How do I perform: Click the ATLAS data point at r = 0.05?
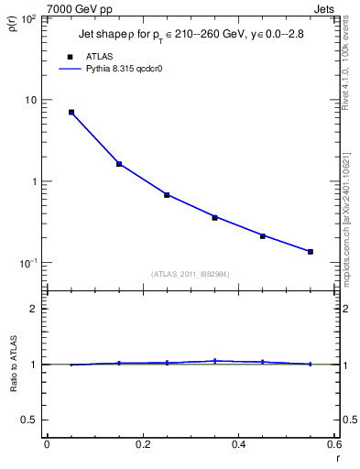click(x=71, y=113)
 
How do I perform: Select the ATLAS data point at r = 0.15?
click(x=119, y=164)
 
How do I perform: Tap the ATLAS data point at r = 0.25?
click(x=167, y=195)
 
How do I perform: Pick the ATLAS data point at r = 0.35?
click(x=214, y=218)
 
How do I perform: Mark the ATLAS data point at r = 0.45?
click(x=262, y=236)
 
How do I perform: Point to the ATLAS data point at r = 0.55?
click(x=311, y=252)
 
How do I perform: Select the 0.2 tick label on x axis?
click(x=142, y=444)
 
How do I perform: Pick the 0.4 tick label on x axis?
click(x=238, y=444)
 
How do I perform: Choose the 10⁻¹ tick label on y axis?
click(x=31, y=263)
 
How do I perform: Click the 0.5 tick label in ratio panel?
click(x=33, y=420)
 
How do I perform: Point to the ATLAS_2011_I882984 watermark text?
click(x=191, y=274)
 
